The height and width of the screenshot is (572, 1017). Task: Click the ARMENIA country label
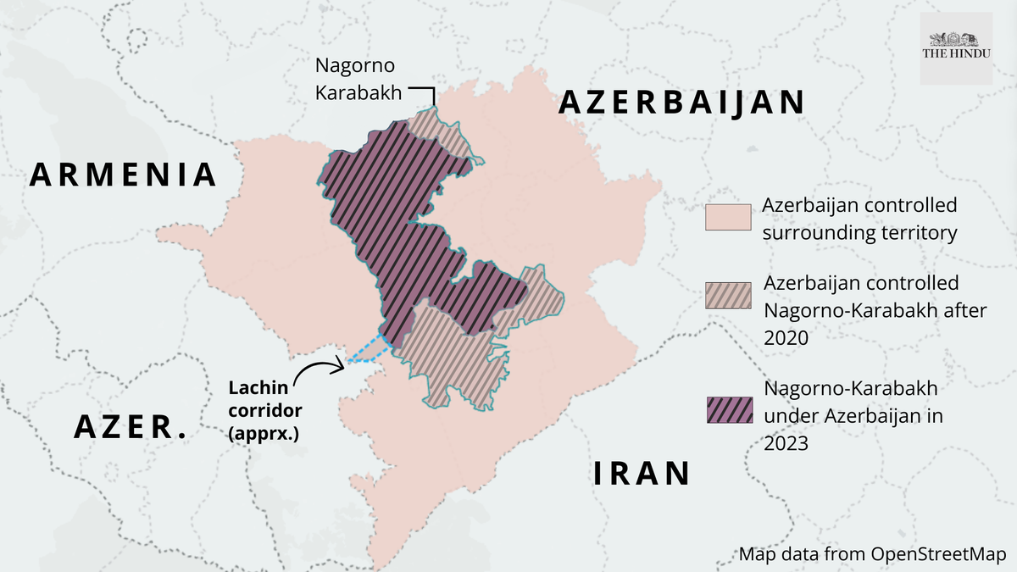124,175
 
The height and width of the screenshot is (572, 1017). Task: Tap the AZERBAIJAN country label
681,103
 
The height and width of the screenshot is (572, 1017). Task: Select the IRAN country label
641,473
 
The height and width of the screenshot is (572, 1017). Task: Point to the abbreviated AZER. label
131,426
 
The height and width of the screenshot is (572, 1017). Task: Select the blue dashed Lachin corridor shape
370,350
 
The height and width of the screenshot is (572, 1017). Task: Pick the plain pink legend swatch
728,217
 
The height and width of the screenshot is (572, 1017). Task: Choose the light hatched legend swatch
728,295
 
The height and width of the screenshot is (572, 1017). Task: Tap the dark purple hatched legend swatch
728,409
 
